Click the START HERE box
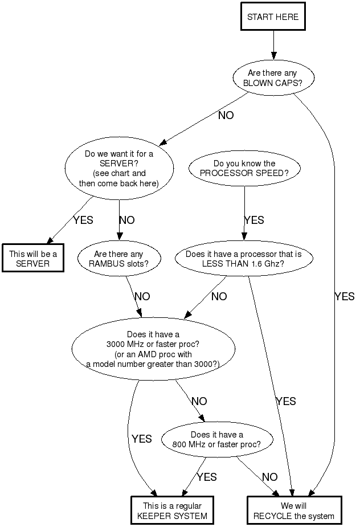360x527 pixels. (x=272, y=17)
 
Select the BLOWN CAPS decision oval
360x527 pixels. (x=272, y=78)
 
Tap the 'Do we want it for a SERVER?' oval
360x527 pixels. (x=118, y=168)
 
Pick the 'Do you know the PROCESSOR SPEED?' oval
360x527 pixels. (x=244, y=168)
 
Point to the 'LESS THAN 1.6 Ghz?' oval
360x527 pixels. (x=243, y=259)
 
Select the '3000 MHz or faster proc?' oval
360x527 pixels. (x=154, y=349)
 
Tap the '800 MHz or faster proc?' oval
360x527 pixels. (x=216, y=439)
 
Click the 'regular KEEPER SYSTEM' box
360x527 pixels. (x=171, y=511)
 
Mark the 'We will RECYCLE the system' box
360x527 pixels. (x=294, y=511)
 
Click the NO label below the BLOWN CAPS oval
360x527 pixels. (x=226, y=115)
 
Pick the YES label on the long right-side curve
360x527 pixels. (x=344, y=296)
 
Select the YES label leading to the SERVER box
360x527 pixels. (x=83, y=220)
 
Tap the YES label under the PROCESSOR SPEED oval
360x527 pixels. (x=254, y=220)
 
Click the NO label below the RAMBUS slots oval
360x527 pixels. (x=142, y=296)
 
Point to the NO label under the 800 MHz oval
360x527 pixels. (x=269, y=477)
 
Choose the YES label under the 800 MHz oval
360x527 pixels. (x=207, y=477)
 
